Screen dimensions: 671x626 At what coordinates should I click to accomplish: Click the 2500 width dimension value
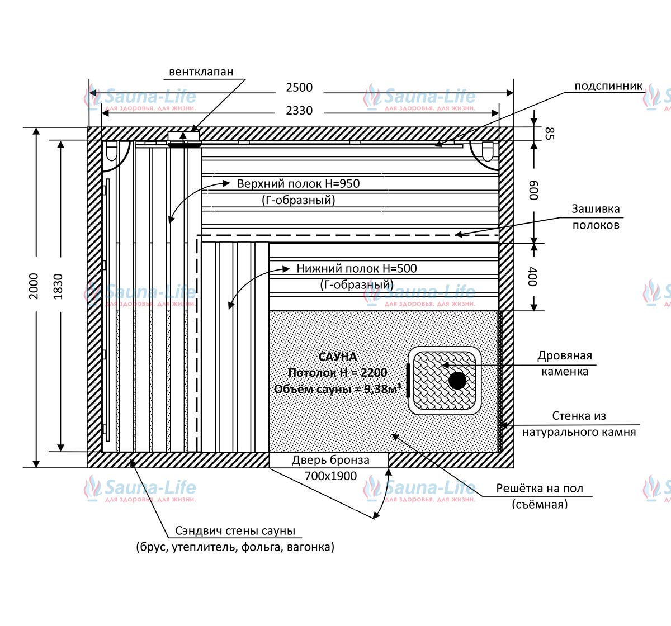point(299,88)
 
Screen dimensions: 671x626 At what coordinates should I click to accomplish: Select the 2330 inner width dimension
point(299,111)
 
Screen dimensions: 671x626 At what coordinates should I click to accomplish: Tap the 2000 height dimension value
point(34,286)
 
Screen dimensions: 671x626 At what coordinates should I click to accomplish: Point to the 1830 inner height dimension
point(58,287)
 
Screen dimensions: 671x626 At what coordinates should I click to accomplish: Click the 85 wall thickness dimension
point(550,134)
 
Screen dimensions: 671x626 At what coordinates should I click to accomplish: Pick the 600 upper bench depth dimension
point(533,190)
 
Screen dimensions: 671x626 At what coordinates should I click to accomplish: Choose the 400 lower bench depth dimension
point(533,276)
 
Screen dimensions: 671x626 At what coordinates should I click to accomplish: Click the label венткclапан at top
point(201,72)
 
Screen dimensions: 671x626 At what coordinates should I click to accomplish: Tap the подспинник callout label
point(608,86)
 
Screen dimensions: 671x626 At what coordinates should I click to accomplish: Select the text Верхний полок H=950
point(299,183)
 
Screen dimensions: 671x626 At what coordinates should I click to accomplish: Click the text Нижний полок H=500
point(356,268)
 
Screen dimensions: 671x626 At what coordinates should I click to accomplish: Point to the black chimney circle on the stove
point(457,381)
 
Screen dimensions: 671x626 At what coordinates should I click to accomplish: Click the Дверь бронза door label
point(330,460)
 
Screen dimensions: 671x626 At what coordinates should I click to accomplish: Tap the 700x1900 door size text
point(330,476)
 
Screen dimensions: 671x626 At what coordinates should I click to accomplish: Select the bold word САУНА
point(338,357)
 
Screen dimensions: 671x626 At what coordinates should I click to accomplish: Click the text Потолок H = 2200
point(338,373)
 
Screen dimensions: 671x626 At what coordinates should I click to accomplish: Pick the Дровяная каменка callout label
point(565,363)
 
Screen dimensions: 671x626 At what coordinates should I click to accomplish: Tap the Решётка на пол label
point(540,488)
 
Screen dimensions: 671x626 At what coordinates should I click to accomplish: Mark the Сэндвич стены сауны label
point(235,530)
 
